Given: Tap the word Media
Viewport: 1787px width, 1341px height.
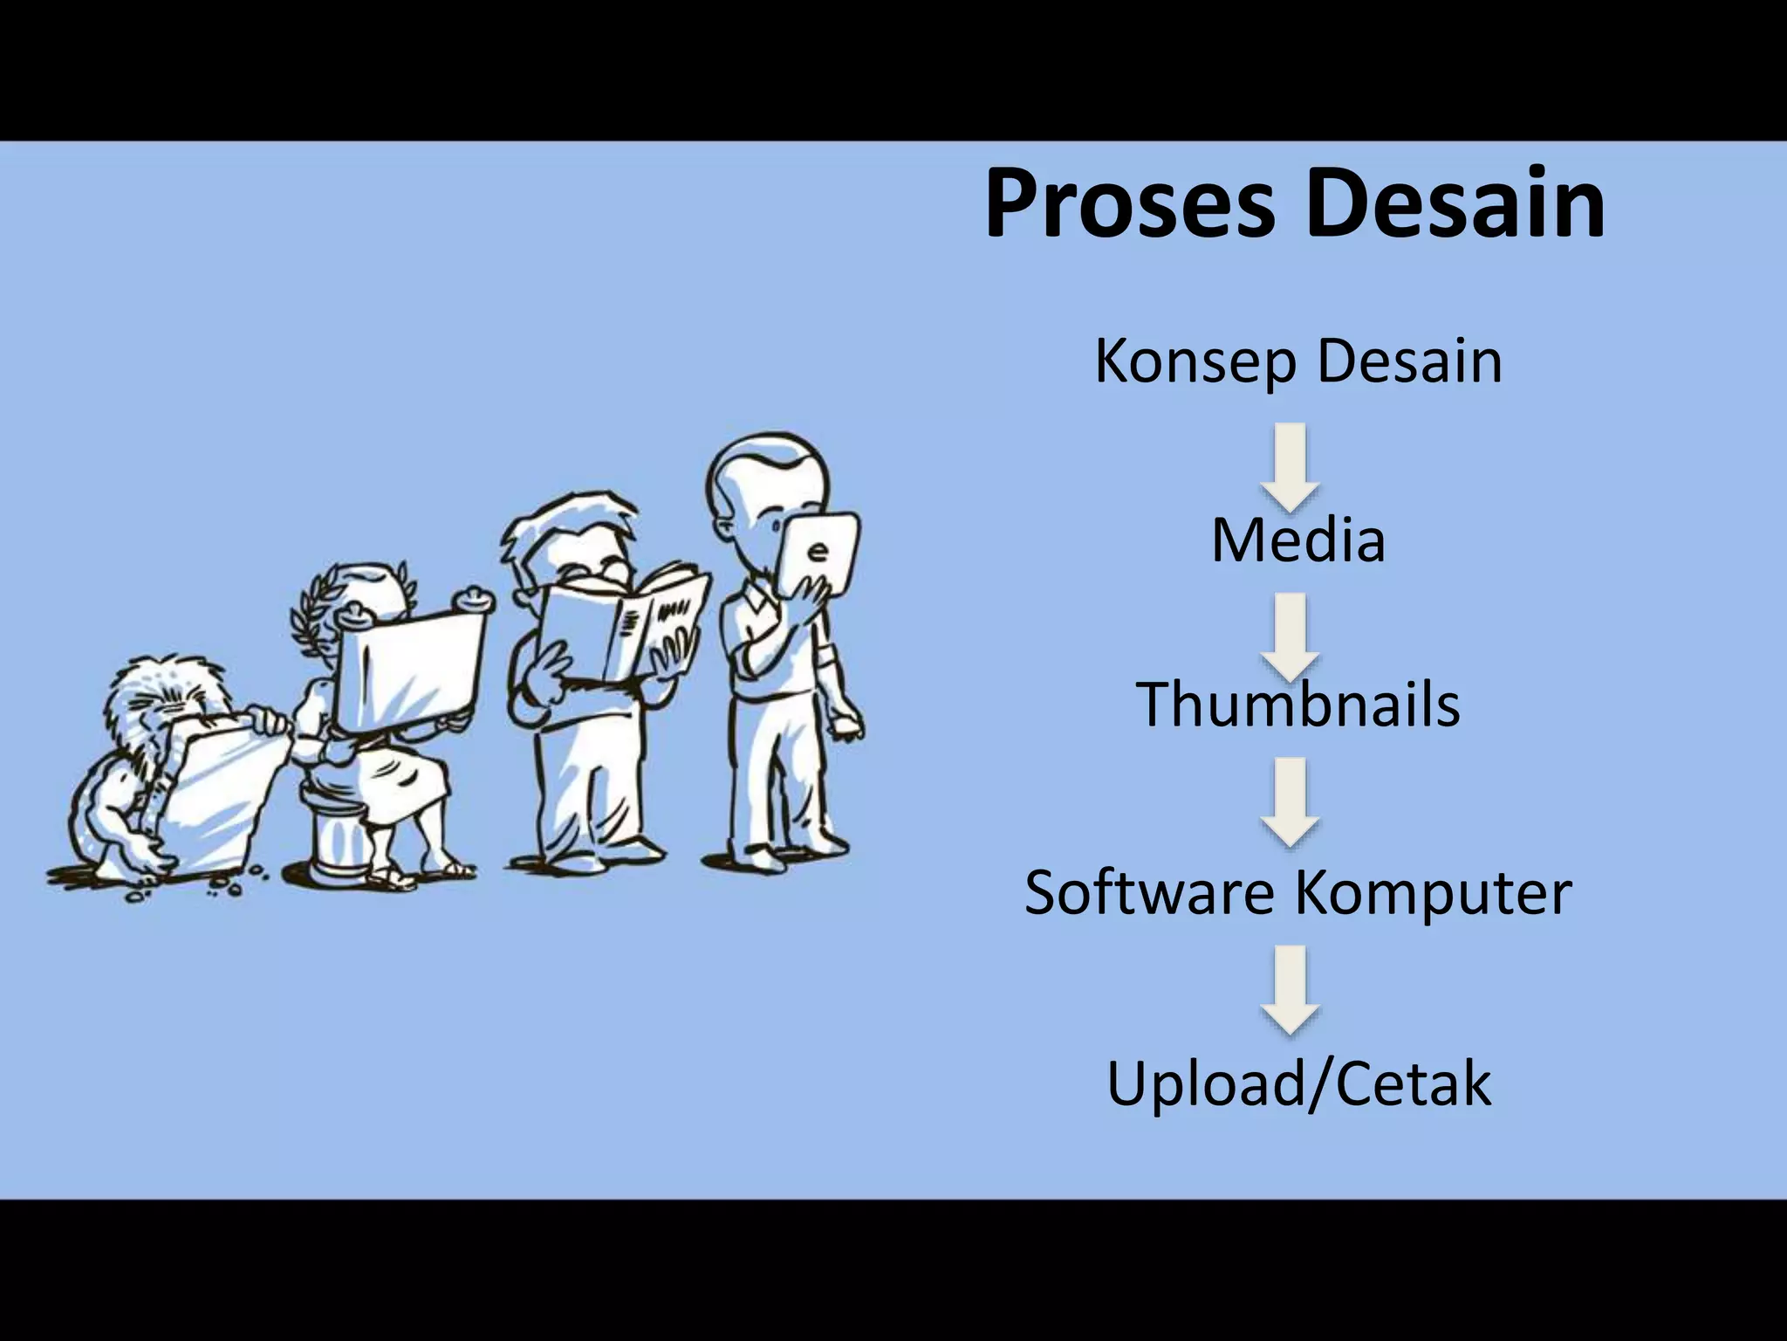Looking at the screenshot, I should pos(1297,541).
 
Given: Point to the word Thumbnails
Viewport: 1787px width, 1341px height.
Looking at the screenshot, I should pos(1297,705).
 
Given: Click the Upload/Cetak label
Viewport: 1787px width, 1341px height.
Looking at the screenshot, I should pos(1298,1083).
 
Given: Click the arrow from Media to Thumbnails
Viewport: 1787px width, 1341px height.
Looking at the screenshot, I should pos(1291,636).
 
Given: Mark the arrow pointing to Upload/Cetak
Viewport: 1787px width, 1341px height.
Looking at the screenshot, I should pos(1291,988).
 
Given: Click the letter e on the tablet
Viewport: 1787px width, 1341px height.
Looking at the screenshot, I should pos(818,552).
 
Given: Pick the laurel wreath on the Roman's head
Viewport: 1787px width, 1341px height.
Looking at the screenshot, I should pos(305,611).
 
